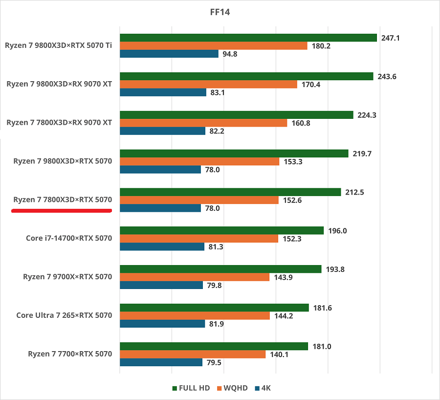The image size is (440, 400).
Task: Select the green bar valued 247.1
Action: pos(248,38)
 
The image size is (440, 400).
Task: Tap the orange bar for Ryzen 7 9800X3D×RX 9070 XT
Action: pos(208,84)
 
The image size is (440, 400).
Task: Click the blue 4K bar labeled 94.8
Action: pos(169,54)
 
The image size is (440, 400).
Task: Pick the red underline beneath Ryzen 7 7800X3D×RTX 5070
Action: pos(62,211)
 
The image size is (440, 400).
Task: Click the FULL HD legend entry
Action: pos(191,388)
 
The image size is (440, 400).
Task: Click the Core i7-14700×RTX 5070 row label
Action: pos(69,238)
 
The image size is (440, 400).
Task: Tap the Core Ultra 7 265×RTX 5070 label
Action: pos(64,315)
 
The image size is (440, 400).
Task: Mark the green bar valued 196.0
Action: pos(221,230)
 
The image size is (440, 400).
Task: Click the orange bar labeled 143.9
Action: pos(195,277)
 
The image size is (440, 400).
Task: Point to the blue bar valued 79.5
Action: pos(161,362)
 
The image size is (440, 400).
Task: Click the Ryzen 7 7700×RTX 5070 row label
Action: pos(70,354)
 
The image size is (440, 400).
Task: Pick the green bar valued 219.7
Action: pos(234,154)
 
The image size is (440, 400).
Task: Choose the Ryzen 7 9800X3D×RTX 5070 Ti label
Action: pos(59,45)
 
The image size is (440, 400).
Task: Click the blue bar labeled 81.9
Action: pos(162,324)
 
